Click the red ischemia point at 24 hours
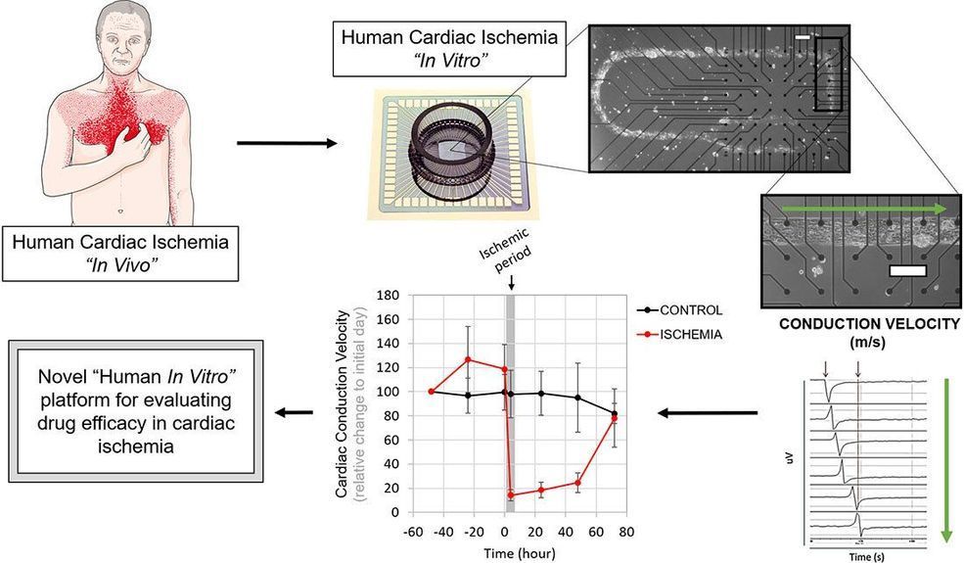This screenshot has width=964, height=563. coord(541,490)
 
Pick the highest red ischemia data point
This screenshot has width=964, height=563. coord(469,359)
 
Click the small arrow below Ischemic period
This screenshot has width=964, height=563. coord(510,282)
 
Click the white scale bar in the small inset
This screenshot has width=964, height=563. coord(906,267)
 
